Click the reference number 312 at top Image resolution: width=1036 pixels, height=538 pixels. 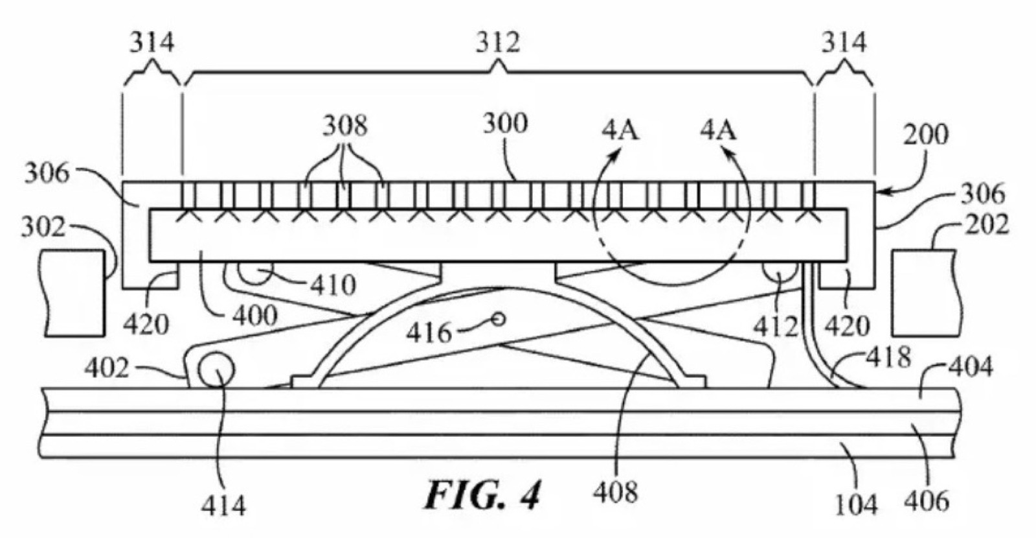point(498,43)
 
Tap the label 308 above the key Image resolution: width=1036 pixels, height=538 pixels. point(344,125)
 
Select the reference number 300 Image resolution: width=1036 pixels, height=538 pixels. point(505,123)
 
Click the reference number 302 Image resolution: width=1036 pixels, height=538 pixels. point(43,228)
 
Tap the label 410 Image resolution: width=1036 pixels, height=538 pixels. point(332,285)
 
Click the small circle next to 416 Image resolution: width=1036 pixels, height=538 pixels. point(499,318)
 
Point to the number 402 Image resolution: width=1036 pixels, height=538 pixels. point(106,369)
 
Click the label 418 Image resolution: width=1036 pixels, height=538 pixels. point(888,357)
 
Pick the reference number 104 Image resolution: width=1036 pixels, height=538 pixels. point(856,503)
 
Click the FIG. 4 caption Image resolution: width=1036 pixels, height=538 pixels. point(482,495)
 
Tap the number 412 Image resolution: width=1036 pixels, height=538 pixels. point(775,326)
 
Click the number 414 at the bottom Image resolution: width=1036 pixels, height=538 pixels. point(223,506)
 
